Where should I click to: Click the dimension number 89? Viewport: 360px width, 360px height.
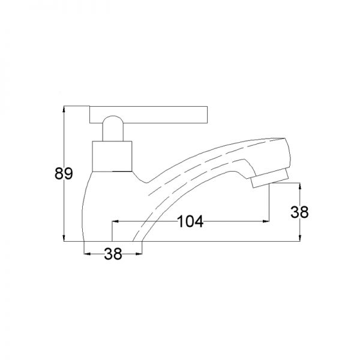tap(64, 173)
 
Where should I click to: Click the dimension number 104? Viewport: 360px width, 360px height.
tap(191, 221)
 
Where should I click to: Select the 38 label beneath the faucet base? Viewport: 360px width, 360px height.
tap(113, 254)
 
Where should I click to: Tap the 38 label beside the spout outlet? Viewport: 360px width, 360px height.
tap(299, 212)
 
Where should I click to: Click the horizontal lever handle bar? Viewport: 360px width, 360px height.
tap(149, 115)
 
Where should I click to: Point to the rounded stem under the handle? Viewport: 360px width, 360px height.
tap(113, 128)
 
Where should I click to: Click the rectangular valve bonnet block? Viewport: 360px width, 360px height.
tap(112, 157)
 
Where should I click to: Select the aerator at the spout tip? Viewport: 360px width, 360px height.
tap(270, 178)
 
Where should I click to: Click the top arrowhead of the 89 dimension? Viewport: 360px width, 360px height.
tap(64, 109)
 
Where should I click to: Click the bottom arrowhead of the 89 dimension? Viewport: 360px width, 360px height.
tap(64, 238)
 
